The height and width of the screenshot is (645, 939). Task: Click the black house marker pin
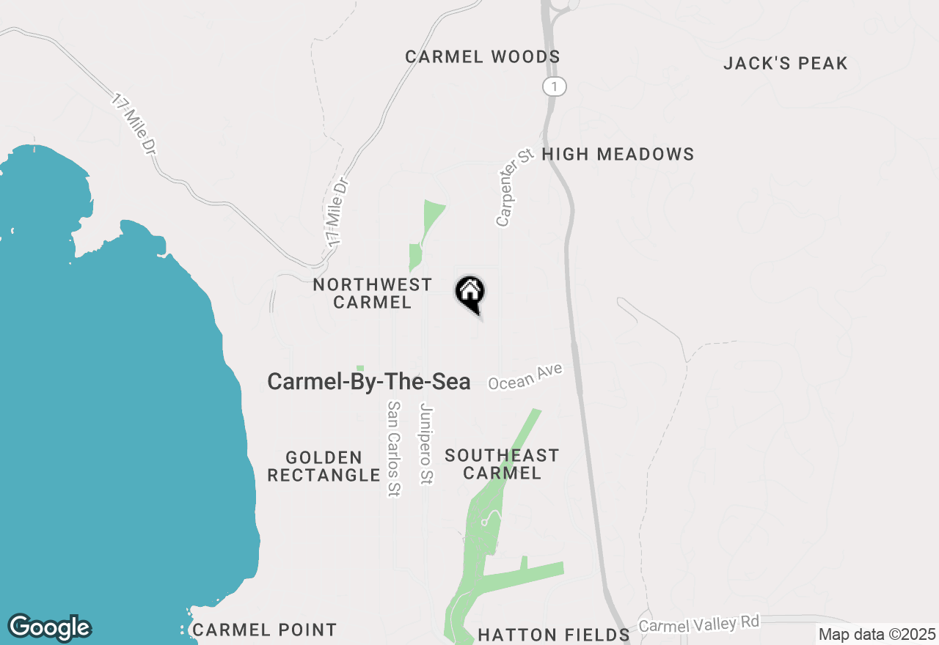point(470,293)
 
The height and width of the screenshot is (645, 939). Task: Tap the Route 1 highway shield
point(555,87)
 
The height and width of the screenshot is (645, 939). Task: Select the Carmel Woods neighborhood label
point(482,56)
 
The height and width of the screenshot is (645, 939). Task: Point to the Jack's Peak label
point(785,63)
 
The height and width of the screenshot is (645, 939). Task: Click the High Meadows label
point(617,154)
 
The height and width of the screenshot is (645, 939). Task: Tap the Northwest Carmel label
point(372,293)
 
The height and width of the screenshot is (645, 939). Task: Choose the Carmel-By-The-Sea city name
point(368,381)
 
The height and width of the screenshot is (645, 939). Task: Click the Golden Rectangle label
point(324,467)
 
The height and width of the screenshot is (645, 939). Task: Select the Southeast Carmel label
point(502,464)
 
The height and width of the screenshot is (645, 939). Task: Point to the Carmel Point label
point(264,630)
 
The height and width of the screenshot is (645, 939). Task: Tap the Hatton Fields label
point(553,635)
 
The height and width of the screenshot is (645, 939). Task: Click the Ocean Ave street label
point(525,377)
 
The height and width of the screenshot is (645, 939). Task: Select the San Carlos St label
point(395,449)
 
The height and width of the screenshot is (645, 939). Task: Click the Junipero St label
point(426,444)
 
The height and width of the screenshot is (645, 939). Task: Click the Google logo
point(49,628)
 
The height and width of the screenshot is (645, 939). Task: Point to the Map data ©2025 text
point(877,634)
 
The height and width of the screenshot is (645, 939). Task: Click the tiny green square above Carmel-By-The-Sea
point(359,368)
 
